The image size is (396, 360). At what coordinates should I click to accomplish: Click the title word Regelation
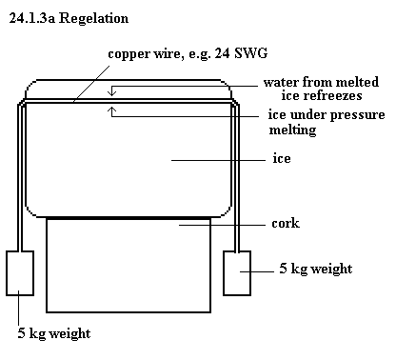93,19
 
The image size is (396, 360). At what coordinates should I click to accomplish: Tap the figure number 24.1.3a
32,18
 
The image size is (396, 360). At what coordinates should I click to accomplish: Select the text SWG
250,53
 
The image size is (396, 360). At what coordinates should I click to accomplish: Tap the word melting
292,130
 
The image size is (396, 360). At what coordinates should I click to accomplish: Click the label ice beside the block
282,158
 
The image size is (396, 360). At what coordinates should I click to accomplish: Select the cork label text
286,223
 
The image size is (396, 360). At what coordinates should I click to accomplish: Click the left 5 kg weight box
20,273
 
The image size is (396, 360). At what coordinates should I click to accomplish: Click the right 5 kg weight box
237,273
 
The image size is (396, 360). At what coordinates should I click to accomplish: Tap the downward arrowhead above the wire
112,93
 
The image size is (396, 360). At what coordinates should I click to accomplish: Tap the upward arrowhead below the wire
112,110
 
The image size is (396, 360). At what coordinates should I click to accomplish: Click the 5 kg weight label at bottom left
54,334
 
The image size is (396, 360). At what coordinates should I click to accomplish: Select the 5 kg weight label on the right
316,269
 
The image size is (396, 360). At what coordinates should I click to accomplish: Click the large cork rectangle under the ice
129,266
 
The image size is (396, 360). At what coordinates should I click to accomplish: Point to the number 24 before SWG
222,53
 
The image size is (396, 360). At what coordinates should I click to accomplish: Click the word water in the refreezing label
281,83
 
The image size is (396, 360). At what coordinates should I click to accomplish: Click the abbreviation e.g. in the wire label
199,54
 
